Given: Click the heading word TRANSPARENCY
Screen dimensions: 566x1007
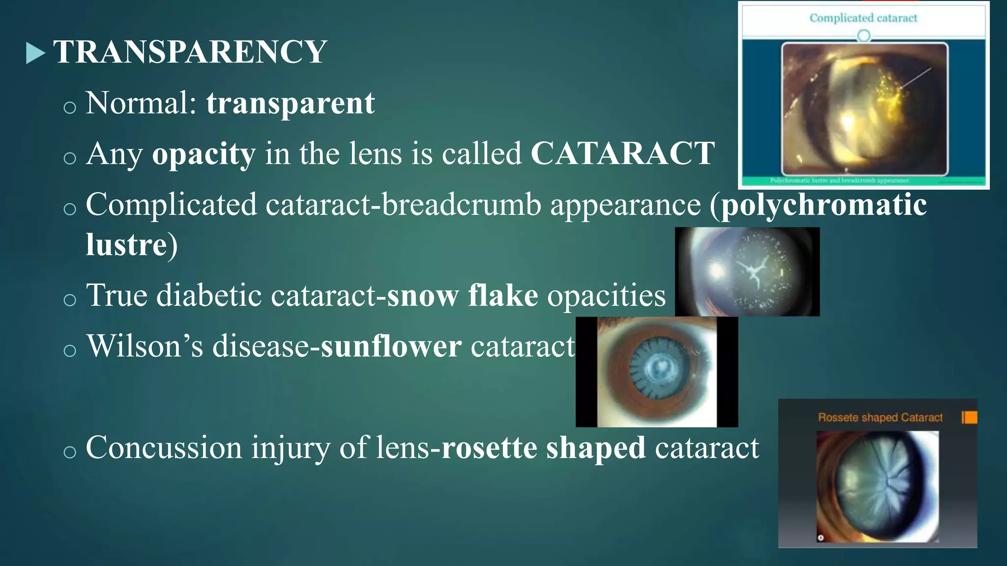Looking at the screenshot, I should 190,52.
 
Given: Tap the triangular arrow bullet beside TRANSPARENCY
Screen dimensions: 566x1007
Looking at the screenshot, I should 35,53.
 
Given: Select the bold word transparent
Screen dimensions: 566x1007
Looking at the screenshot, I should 290,103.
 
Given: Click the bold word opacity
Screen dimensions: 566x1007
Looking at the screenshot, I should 204,154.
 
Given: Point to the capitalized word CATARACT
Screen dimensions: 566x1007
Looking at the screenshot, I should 622,153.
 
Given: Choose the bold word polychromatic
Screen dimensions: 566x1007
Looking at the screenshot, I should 824,205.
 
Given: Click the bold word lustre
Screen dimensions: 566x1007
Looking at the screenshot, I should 126,245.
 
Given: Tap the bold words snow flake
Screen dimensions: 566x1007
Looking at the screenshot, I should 462,296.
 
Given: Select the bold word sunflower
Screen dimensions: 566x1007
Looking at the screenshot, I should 391,346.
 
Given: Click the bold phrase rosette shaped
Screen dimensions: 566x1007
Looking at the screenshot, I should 543,448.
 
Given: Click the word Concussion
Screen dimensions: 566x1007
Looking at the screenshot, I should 164,448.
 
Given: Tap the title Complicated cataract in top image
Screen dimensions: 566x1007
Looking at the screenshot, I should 863,18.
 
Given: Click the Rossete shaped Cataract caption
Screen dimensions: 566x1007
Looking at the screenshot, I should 880,418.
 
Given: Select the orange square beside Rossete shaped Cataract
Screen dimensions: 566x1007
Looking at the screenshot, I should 970,417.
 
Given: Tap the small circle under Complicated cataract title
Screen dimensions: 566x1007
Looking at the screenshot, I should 863,36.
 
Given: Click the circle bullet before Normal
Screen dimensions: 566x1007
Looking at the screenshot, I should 70,107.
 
